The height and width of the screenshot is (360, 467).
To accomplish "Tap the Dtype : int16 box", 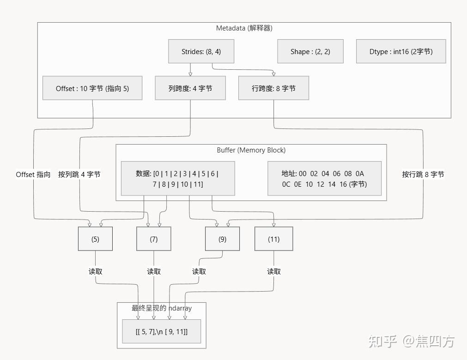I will [400, 51].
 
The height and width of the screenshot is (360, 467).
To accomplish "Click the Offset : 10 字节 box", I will [92, 88].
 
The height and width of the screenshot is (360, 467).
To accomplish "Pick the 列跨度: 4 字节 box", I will [190, 88].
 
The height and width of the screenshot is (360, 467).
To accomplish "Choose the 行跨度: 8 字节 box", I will [273, 88].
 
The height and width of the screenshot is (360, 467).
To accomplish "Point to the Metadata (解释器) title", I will [244, 28].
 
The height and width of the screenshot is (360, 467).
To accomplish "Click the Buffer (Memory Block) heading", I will [251, 150].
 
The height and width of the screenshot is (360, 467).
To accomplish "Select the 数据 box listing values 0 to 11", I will [177, 178].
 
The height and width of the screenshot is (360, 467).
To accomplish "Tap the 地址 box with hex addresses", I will [324, 178].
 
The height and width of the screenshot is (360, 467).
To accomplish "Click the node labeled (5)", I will [95, 239].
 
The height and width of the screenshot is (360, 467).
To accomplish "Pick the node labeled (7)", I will [154, 239].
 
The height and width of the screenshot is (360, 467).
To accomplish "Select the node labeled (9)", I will [222, 239].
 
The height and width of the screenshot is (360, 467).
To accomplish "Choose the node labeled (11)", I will [273, 239].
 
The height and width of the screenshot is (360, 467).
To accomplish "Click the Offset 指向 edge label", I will [33, 174].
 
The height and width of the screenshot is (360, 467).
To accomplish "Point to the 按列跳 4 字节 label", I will [79, 174].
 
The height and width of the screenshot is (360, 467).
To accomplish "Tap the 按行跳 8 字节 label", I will [423, 174].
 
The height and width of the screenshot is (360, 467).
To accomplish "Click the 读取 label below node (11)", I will [273, 271].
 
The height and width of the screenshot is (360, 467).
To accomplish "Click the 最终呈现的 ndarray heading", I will [162, 308].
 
